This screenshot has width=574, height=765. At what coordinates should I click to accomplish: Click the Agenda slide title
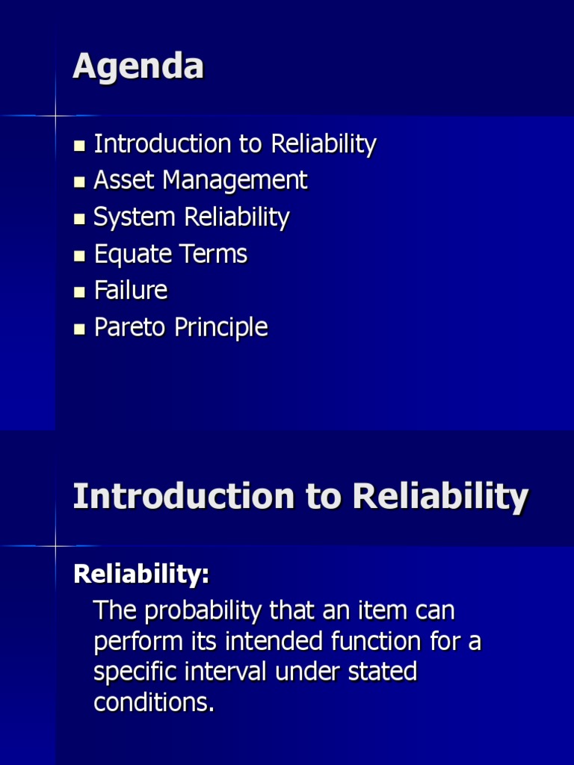coord(138,67)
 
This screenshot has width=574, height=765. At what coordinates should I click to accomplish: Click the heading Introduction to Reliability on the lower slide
coord(300,497)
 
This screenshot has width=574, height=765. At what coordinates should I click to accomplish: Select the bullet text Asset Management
coord(200,180)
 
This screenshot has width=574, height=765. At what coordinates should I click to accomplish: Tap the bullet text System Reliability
coord(191,217)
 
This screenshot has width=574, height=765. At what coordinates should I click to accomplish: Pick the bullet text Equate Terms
coord(170,254)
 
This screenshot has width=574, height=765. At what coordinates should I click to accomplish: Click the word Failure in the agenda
coord(131,290)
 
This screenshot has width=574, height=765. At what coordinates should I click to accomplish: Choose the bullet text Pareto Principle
coord(181,327)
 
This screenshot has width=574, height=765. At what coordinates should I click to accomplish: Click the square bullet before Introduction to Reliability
coord(80,145)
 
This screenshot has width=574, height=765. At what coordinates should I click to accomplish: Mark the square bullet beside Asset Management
coord(80,182)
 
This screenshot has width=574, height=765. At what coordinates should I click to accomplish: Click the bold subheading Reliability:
coord(141,574)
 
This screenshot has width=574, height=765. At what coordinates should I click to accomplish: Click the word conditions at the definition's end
coord(154,702)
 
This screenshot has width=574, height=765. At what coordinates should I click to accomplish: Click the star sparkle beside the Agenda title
coord(55,116)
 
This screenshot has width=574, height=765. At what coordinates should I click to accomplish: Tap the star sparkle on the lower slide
coord(55,546)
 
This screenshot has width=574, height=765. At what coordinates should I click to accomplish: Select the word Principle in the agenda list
coord(223,327)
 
